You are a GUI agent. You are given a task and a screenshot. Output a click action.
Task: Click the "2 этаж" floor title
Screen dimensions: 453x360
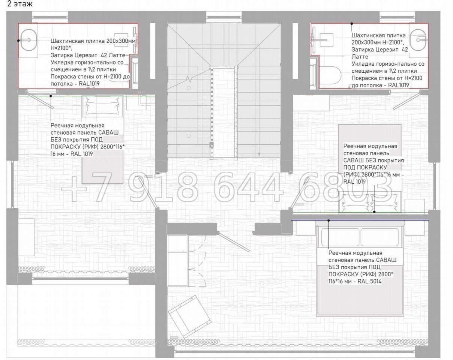tap(20, 4)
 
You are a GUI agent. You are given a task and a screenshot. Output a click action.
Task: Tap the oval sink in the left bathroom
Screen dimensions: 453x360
tap(29, 40)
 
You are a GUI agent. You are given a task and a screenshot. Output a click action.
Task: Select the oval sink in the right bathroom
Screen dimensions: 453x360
tap(418, 40)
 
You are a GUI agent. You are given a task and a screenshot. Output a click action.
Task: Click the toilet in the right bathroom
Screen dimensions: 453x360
tap(330, 75)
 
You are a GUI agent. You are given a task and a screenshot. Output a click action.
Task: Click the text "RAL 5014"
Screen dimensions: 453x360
tap(369, 281)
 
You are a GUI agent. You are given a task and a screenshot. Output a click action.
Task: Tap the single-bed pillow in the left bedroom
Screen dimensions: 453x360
tap(102, 108)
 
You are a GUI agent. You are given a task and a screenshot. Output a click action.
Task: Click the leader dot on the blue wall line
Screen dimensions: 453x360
tap(328, 220)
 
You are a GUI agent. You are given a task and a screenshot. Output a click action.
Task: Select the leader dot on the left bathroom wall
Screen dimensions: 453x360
tap(18, 40)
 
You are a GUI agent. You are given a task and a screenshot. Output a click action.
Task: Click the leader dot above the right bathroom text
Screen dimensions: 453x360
tap(352, 24)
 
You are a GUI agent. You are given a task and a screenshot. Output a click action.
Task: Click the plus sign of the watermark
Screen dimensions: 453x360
tap(74, 189)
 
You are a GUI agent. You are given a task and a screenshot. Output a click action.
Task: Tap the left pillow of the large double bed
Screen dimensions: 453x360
tap(340, 237)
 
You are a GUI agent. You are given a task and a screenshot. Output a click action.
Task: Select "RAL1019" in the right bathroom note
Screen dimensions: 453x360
tap(399, 85)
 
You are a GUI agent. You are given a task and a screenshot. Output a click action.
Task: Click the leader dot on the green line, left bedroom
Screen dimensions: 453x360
tap(51, 96)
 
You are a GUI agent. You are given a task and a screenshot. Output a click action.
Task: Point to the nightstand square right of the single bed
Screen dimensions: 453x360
tap(136, 102)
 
